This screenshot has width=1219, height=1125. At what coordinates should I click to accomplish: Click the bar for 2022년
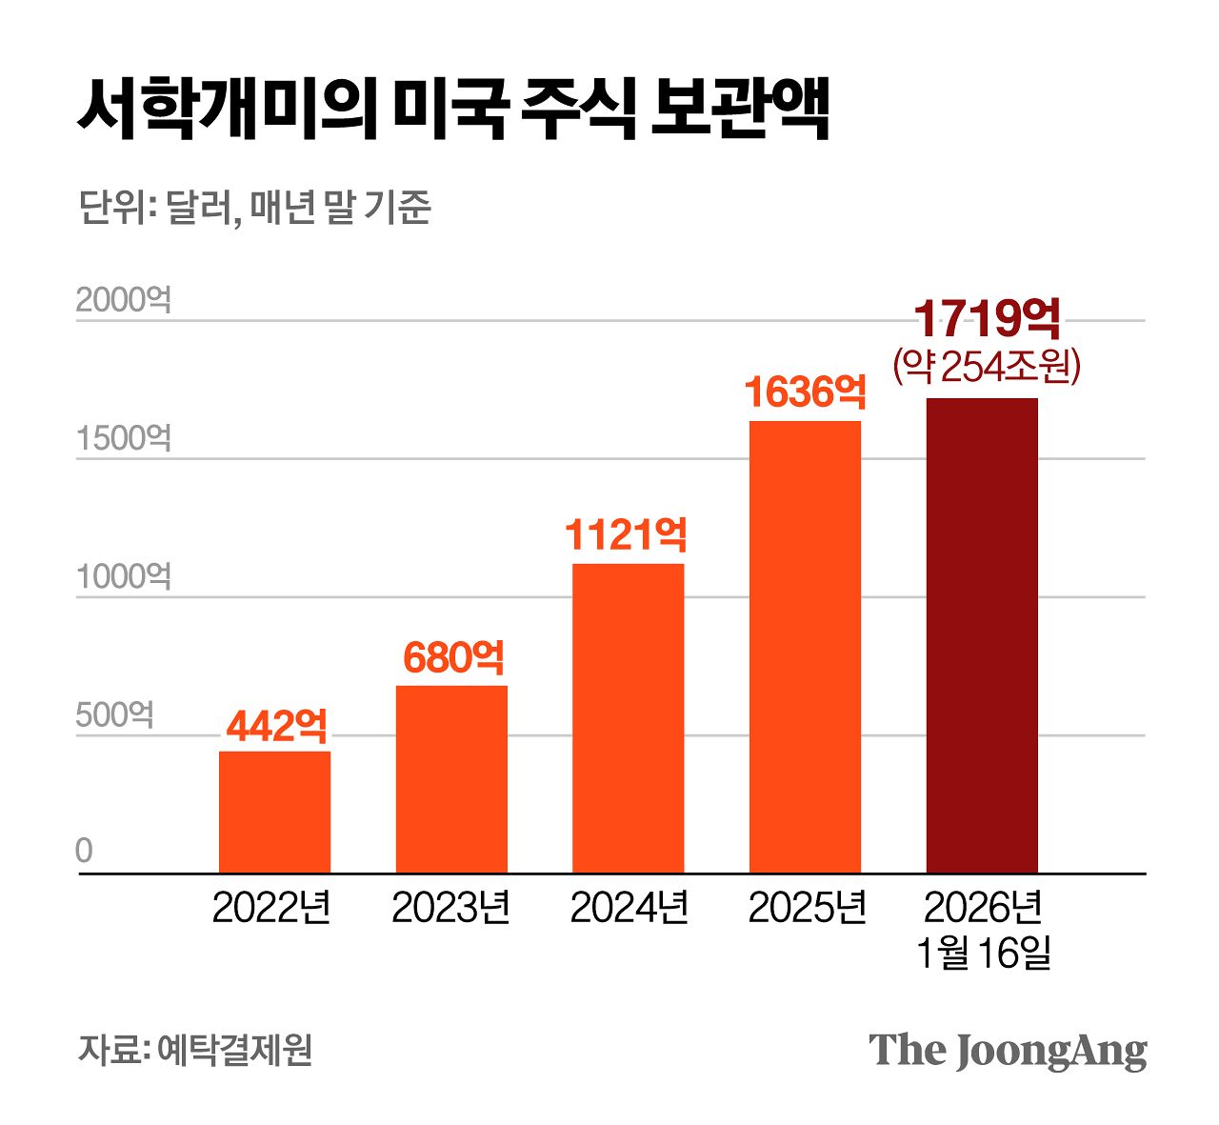tap(274, 812)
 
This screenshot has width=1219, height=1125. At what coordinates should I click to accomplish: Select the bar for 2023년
tap(451, 778)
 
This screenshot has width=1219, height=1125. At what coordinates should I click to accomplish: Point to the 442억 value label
tap(276, 727)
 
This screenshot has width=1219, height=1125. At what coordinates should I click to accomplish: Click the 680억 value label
tap(453, 658)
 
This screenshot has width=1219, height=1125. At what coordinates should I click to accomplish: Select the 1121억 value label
tap(626, 535)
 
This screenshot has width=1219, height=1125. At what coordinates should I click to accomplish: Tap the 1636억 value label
tap(805, 392)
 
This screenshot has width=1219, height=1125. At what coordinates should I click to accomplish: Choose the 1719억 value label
tap(987, 319)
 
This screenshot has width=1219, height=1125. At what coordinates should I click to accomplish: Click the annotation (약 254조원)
tap(987, 366)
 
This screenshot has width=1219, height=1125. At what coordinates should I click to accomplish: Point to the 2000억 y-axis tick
tap(124, 300)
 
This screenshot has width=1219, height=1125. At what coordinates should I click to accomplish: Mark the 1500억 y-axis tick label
tap(124, 438)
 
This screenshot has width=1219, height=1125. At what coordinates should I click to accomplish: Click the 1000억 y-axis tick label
tap(124, 576)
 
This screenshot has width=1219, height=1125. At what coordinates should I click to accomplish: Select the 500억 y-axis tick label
tap(114, 714)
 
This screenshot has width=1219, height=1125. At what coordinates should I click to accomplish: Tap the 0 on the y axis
tap(85, 851)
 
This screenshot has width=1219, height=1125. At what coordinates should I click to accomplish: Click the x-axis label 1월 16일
tap(983, 953)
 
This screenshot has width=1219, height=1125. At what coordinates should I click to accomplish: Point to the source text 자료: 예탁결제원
tap(195, 1050)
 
